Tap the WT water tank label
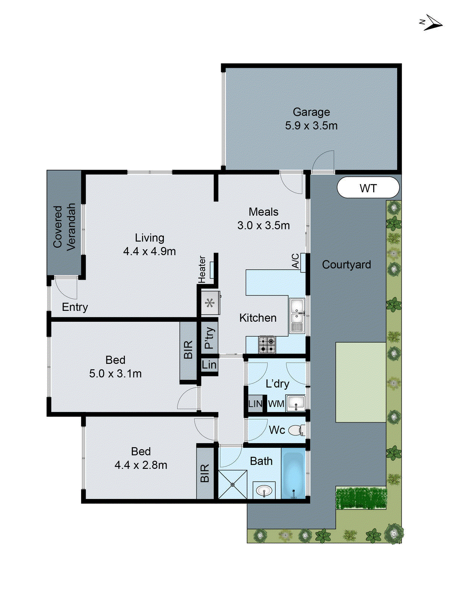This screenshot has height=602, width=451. tap(368, 188)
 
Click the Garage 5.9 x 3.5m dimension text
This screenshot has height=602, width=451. tap(311, 125)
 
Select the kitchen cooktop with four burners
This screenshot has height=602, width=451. tap(267, 345)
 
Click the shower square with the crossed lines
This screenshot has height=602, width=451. tap(232, 485)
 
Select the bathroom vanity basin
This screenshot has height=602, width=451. tap(264, 490)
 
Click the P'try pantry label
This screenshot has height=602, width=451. tap(210, 337)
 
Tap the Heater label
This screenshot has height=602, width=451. tap(202, 269)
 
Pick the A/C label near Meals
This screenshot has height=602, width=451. tap(296, 261)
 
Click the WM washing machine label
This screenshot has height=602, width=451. tap(276, 404)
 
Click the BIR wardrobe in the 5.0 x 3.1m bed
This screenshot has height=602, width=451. tap(188, 350)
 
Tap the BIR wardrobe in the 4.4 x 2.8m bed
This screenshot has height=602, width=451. tap(205, 473)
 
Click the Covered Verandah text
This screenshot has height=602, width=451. tap(64, 227)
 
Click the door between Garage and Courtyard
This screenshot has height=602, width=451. tap(324, 162)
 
